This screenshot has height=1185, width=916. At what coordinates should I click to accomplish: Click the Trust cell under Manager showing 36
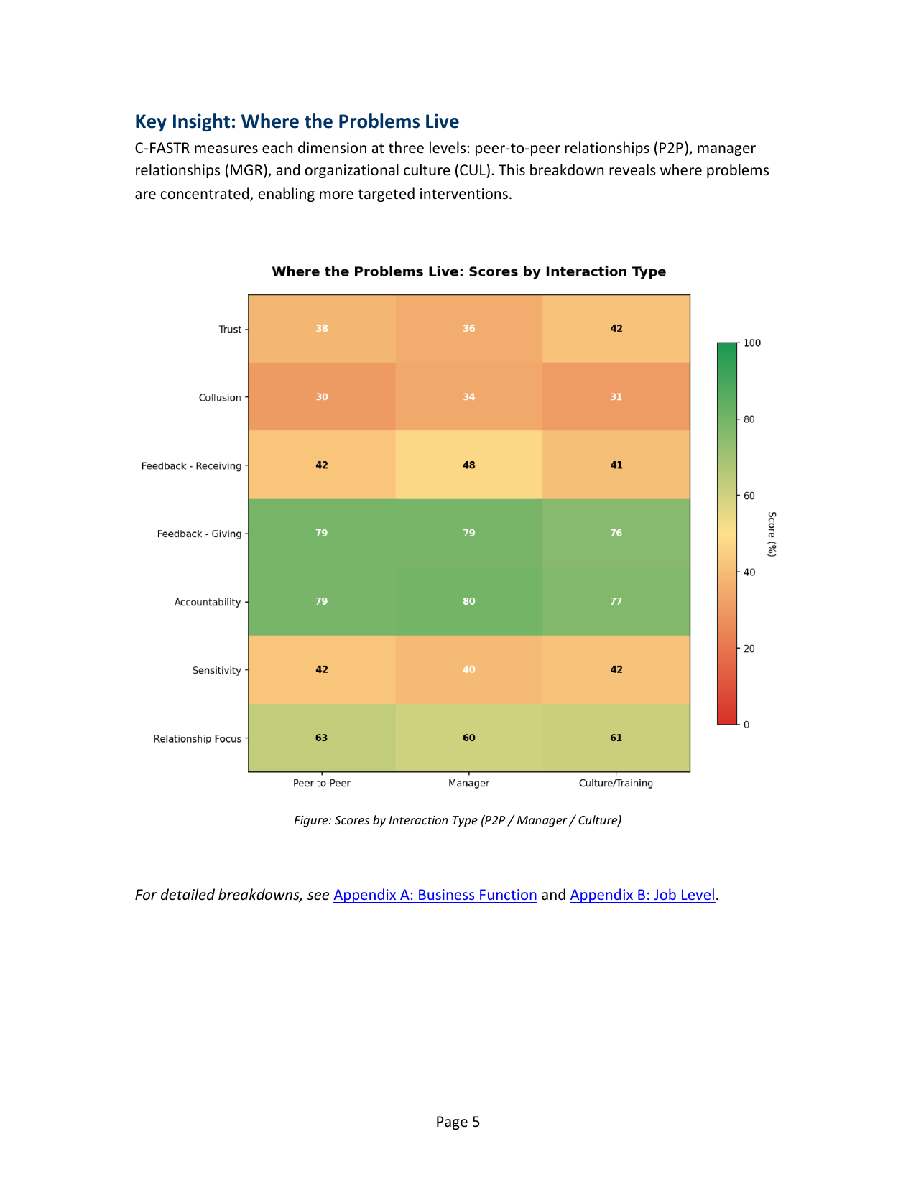pyautogui.click(x=468, y=329)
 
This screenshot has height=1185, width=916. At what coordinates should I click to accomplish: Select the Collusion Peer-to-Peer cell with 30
pyautogui.click(x=322, y=397)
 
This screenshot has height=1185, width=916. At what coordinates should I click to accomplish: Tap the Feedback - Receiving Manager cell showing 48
pyautogui.click(x=468, y=465)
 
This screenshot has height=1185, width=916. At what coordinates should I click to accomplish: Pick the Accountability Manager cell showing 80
pyautogui.click(x=468, y=601)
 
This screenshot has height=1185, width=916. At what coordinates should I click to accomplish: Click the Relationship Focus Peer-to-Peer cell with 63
pyautogui.click(x=322, y=738)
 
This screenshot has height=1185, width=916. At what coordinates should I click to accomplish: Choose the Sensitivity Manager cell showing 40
pyautogui.click(x=468, y=669)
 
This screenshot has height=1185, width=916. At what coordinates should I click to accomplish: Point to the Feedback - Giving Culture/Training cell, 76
pyautogui.click(x=616, y=533)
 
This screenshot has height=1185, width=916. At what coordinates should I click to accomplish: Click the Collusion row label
pyautogui.click(x=220, y=398)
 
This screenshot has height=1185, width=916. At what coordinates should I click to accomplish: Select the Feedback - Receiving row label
pyautogui.click(x=191, y=466)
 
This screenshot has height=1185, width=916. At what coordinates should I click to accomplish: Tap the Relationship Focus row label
pyautogui.click(x=198, y=739)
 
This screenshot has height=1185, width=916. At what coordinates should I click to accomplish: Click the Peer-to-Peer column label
pyautogui.click(x=322, y=784)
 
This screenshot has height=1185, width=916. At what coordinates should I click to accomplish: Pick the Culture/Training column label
pyautogui.click(x=616, y=784)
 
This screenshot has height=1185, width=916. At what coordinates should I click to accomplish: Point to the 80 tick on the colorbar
pyautogui.click(x=749, y=419)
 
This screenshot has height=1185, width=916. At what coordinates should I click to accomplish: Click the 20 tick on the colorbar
pyautogui.click(x=749, y=649)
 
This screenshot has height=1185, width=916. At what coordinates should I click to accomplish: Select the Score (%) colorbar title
pyautogui.click(x=772, y=534)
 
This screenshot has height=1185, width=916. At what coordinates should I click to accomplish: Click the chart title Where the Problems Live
pyautogui.click(x=468, y=272)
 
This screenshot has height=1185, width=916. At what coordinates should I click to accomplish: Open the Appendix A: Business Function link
pyautogui.click(x=435, y=895)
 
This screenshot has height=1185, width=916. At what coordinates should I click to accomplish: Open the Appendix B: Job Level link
pyautogui.click(x=642, y=895)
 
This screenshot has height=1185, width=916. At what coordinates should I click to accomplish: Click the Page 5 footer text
pyautogui.click(x=458, y=1122)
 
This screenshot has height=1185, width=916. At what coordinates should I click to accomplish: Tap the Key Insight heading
pyautogui.click(x=297, y=121)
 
